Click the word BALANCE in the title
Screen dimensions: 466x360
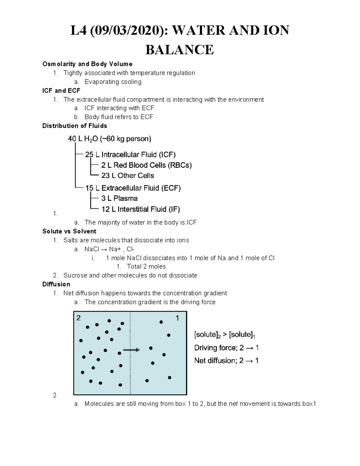(179, 50)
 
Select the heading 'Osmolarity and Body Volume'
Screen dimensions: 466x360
(87, 64)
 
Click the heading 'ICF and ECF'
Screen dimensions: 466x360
(61, 90)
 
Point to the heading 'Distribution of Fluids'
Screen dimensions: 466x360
(74, 126)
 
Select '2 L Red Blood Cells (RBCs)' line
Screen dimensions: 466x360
(146, 165)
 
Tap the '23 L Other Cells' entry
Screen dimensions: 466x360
(127, 176)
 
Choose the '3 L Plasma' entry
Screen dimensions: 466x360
(119, 198)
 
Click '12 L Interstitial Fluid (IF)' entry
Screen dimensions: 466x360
(140, 209)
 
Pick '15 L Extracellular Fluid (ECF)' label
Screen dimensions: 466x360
(133, 188)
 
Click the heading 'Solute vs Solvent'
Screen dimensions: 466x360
(69, 231)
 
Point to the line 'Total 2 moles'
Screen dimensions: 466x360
(146, 266)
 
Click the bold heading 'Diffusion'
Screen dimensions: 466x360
(56, 284)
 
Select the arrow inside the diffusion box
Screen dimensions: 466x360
(131, 350)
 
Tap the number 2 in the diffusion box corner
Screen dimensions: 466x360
(79, 318)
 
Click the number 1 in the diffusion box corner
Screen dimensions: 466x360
(177, 318)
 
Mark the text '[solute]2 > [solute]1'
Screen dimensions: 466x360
(225, 335)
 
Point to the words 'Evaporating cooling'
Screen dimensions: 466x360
(113, 82)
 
